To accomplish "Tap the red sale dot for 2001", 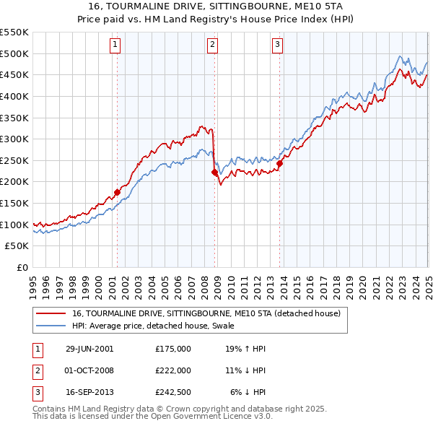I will click(117, 193).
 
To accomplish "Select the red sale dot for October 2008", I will click(214, 173).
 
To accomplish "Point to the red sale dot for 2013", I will click(279, 163).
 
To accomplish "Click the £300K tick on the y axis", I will click(14, 139).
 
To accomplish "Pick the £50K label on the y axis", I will click(17, 246).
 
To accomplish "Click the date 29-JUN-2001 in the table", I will click(89, 348).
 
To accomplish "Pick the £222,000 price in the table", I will click(172, 370).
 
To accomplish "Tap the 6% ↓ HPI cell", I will click(248, 393).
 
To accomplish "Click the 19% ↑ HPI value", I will click(245, 348).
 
